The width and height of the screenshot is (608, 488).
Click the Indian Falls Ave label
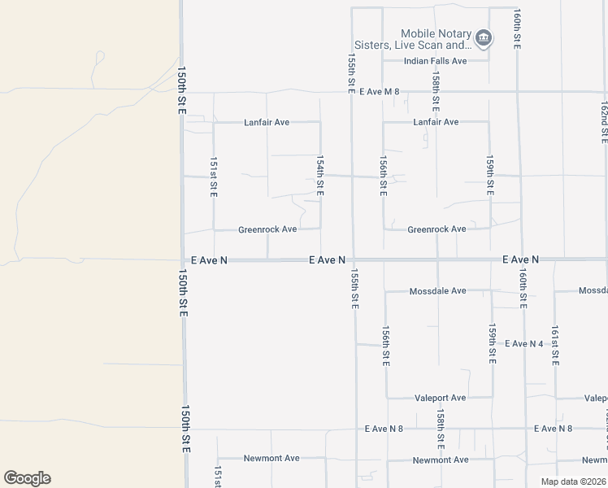[x=436, y=61]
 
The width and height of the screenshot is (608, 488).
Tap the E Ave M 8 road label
[x=380, y=92]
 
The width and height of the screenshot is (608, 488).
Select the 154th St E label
[x=320, y=176]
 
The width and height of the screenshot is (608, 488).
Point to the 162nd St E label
[x=604, y=122]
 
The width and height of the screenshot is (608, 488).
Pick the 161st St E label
[x=555, y=346]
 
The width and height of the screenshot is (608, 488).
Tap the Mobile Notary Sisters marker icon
[x=483, y=38]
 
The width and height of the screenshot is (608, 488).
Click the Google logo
[x=27, y=478]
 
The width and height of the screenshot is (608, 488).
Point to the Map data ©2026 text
[x=573, y=481]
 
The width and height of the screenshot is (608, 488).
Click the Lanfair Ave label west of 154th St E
[x=267, y=123]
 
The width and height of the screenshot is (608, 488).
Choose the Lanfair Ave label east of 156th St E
[x=436, y=122]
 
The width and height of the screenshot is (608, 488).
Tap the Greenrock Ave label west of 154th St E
[x=267, y=229]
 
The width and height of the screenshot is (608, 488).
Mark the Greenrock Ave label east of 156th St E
[x=436, y=229]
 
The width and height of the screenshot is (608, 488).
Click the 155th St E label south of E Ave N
[x=354, y=290]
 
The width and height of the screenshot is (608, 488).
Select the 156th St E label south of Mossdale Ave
[x=386, y=346]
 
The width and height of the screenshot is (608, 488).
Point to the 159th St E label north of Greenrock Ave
[x=490, y=176]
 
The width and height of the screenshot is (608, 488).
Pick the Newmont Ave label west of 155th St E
[x=271, y=458]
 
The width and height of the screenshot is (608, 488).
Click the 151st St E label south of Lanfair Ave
[x=214, y=176]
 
